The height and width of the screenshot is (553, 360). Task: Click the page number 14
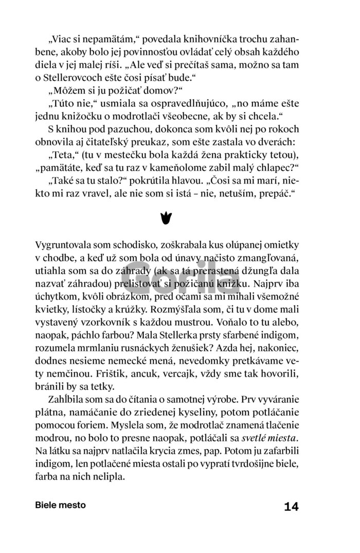[x=291, y=507]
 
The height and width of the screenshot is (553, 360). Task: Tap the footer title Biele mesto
[x=61, y=505]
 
